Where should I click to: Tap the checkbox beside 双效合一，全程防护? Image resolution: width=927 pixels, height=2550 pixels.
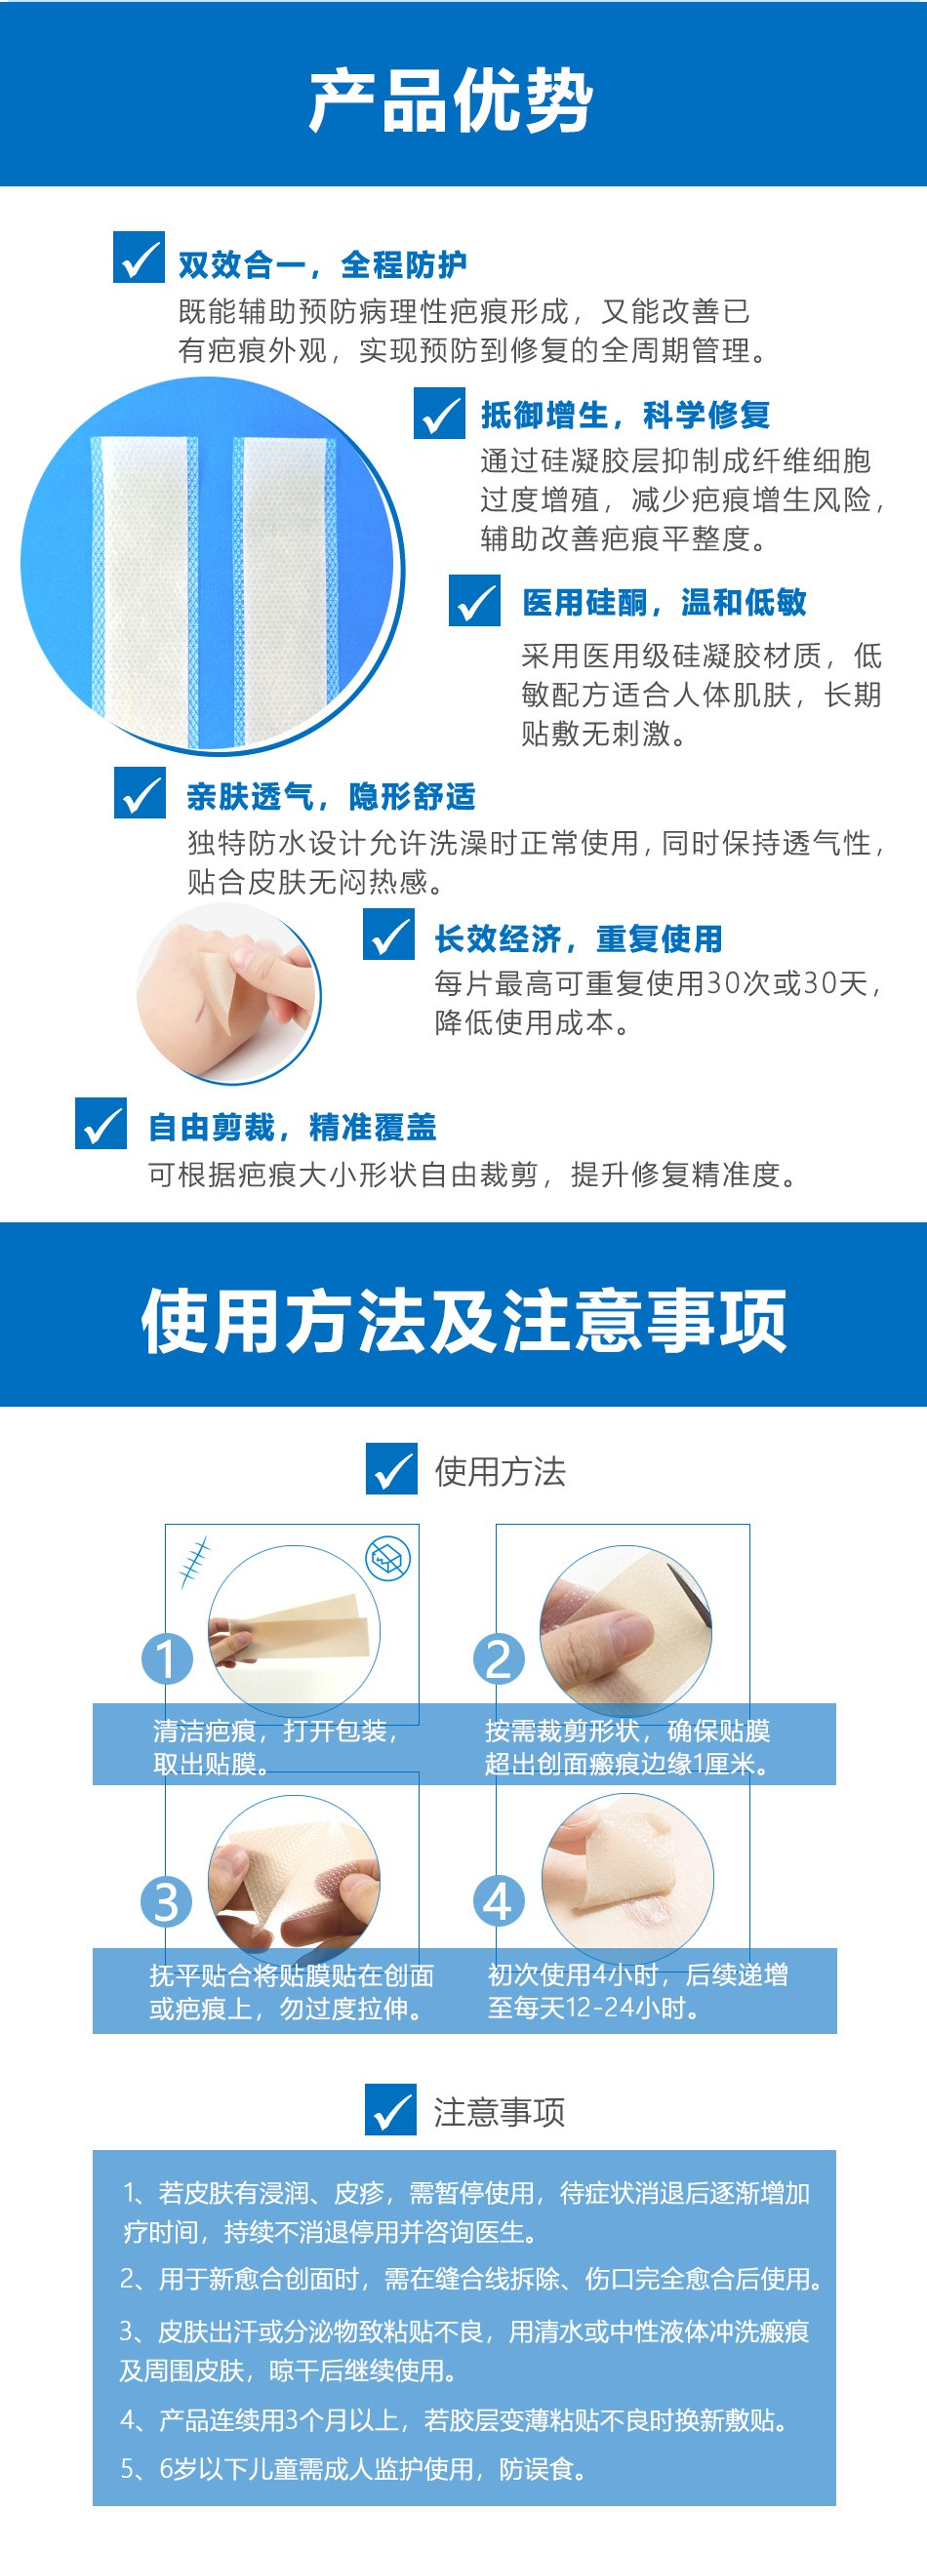(139, 258)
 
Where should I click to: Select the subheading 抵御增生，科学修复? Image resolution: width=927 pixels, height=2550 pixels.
(625, 415)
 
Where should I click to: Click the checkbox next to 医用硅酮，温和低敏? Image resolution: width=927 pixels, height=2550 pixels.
(474, 600)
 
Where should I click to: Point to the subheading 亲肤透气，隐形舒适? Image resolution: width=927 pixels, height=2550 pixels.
(331, 796)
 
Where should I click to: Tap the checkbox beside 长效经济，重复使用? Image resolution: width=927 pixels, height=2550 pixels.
(388, 934)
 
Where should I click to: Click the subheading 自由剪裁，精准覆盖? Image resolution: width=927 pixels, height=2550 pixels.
(292, 1127)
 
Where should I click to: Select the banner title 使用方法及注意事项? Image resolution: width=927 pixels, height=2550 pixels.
(463, 1320)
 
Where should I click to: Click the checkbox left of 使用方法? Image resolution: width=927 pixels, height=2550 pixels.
(391, 1468)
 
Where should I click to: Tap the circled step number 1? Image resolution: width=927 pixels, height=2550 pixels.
(167, 1658)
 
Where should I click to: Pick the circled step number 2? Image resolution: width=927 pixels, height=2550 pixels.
(499, 1658)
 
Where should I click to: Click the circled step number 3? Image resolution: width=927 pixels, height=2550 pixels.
(167, 1901)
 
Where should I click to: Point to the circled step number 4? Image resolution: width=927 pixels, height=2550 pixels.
(499, 1901)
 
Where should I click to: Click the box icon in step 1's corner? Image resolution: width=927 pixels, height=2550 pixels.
(388, 1559)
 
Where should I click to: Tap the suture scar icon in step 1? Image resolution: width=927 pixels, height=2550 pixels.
(195, 1561)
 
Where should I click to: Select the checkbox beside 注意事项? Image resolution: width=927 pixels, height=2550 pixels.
(390, 2108)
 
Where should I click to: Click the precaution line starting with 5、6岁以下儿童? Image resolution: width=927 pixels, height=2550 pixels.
(353, 2469)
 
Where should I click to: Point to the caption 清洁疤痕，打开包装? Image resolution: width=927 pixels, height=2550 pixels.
(275, 1731)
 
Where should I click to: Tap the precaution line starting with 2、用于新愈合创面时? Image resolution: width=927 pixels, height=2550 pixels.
(471, 2279)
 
